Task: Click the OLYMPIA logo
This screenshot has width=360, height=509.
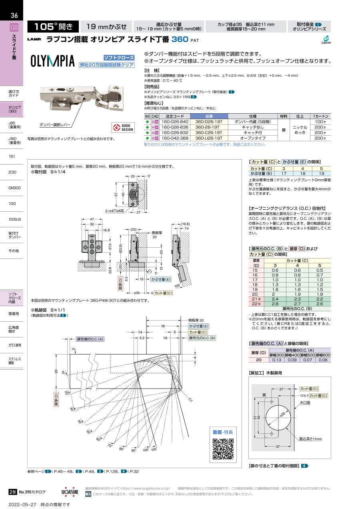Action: (x=53, y=61)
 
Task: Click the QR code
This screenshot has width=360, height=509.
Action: (x=223, y=449)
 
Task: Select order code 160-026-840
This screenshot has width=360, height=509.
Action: (x=175, y=121)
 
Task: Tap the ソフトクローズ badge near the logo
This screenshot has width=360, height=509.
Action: (x=119, y=58)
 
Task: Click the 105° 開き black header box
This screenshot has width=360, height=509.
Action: (x=53, y=27)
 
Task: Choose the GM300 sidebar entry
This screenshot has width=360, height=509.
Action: (x=14, y=188)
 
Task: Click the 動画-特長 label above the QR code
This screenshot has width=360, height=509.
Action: (x=222, y=432)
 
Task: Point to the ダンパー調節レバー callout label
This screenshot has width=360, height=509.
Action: (x=55, y=125)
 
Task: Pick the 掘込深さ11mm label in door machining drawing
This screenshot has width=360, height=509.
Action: (x=311, y=439)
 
